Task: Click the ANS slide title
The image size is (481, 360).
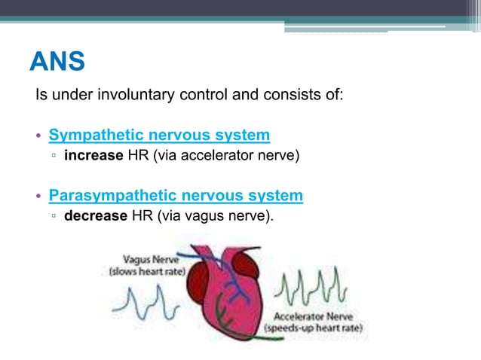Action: click(57, 62)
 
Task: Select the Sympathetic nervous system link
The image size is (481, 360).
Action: click(159, 136)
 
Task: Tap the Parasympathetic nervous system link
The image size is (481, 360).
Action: click(176, 196)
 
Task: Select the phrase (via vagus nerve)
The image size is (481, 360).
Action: click(215, 217)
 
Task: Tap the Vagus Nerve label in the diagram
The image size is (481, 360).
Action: click(148, 258)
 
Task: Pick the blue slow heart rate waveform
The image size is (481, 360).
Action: click(144, 304)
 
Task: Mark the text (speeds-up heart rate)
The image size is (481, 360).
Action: click(313, 329)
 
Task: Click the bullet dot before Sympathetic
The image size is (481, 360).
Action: click(40, 136)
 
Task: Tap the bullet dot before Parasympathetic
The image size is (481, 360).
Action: click(40, 197)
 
